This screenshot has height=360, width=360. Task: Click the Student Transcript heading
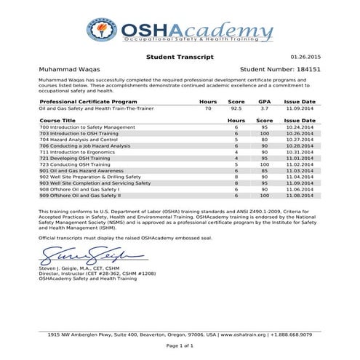[180, 55]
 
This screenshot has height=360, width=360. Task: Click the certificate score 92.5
[235, 108]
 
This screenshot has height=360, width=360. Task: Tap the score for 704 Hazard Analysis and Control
[264, 140]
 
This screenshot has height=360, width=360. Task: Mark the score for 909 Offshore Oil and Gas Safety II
[264, 195]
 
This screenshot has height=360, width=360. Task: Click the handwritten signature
[84, 256]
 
